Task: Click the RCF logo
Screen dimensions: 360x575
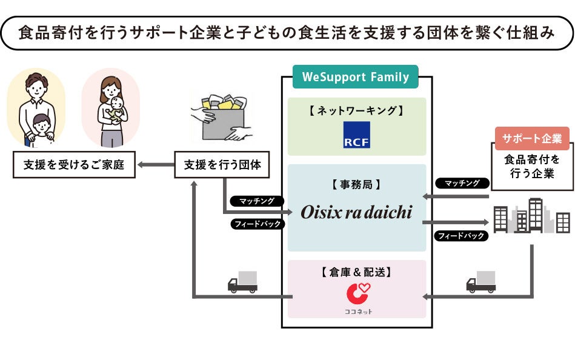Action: tap(356, 135)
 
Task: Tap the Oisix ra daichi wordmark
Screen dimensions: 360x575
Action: tap(356, 212)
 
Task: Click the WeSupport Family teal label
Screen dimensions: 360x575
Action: tap(355, 78)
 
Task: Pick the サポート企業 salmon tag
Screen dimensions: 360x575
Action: tap(532, 139)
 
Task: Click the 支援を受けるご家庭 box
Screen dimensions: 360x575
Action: tap(75, 165)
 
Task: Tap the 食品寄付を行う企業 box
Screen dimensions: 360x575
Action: tap(532, 167)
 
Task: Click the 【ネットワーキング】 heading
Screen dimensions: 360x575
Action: tap(356, 111)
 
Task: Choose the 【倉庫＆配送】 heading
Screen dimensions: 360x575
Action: tap(356, 272)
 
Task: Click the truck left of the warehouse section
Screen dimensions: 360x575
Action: tap(242, 282)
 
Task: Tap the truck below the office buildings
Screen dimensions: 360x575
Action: tap(481, 282)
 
